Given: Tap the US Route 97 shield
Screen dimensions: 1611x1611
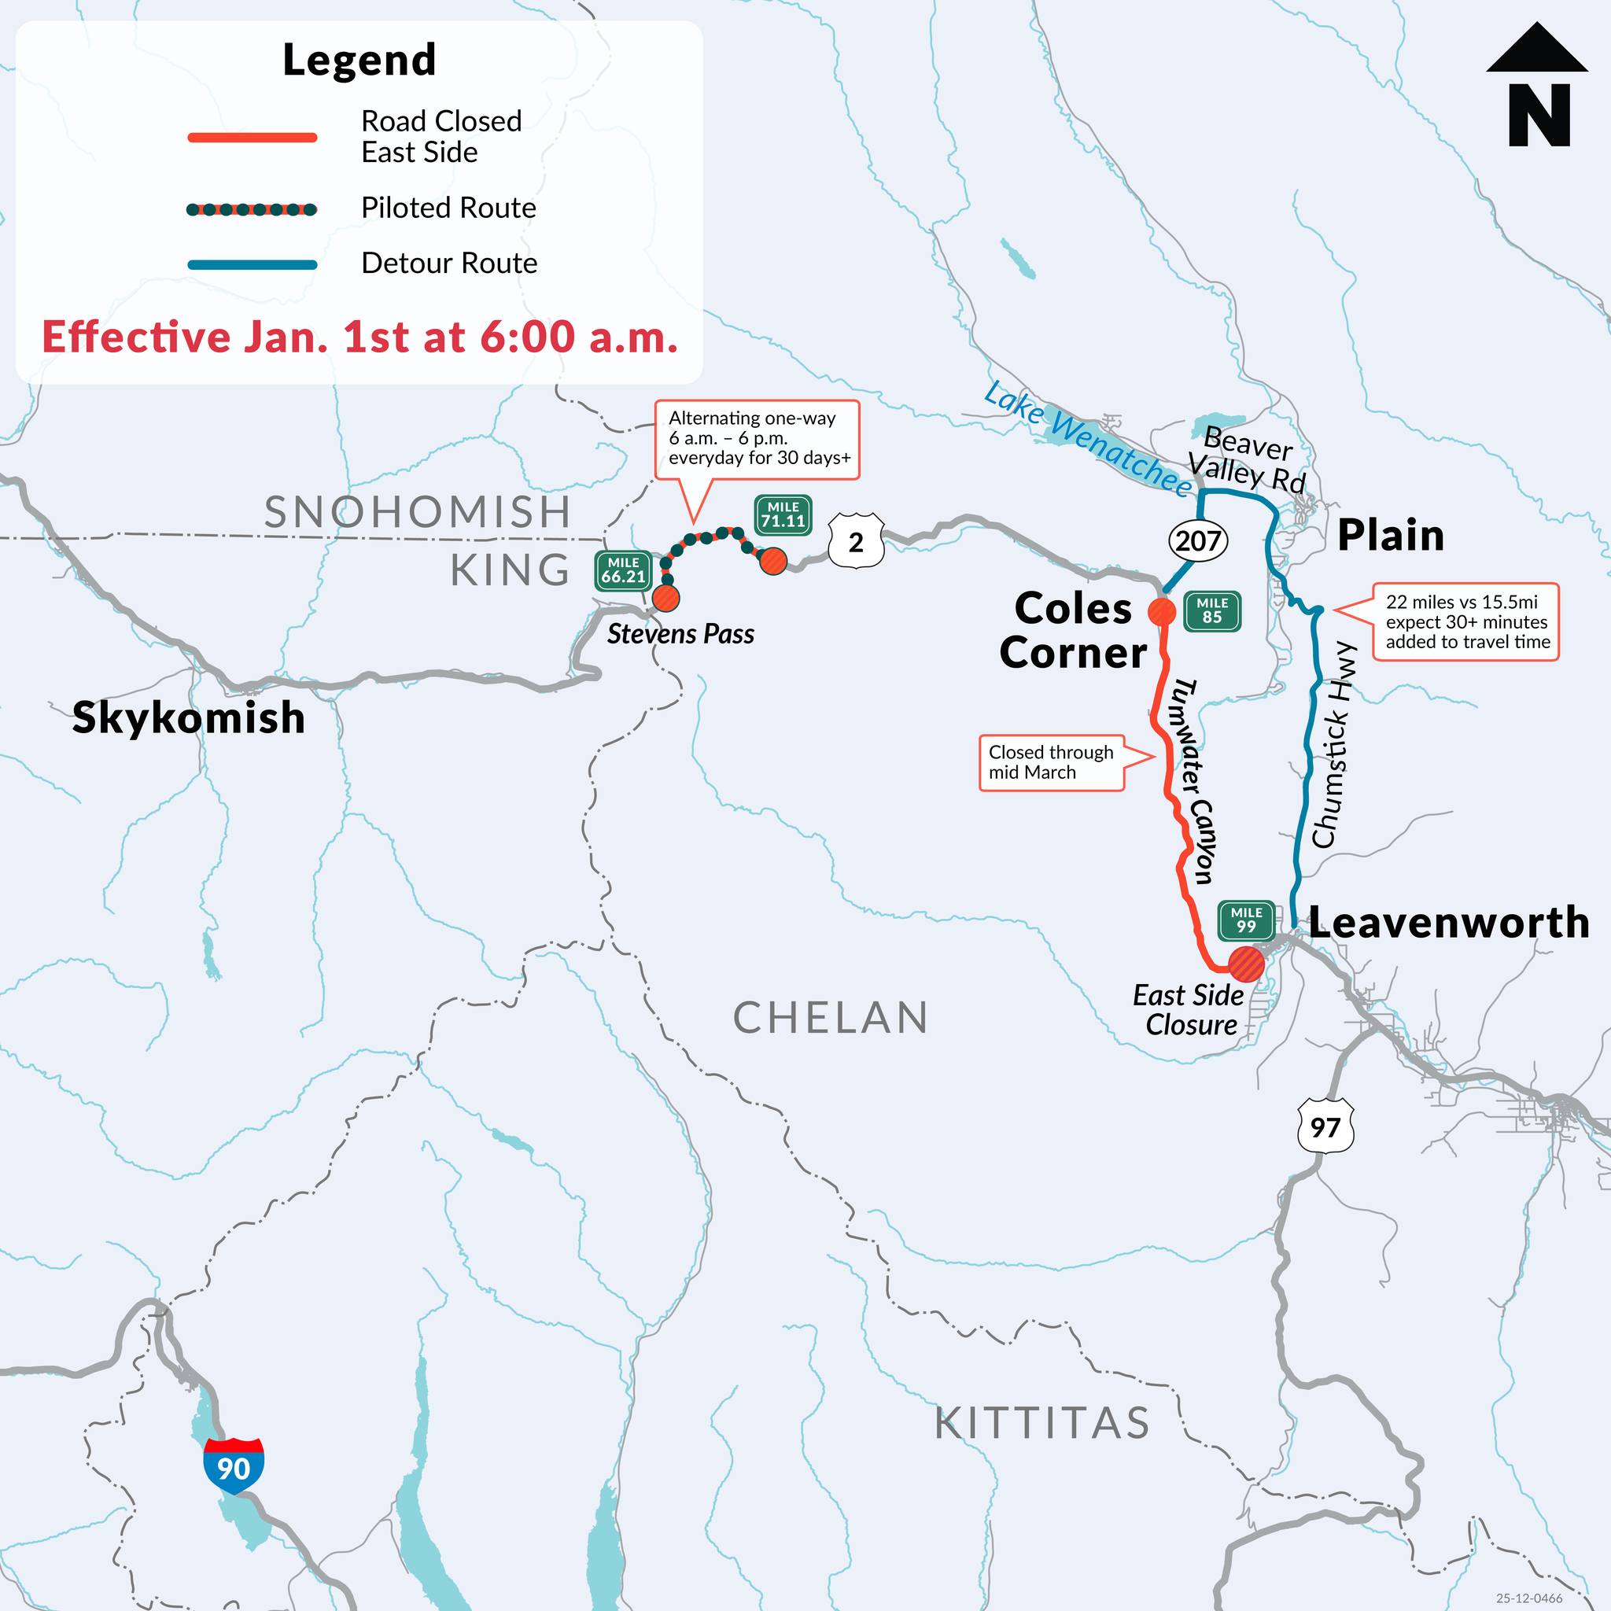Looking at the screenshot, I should click(1325, 1127).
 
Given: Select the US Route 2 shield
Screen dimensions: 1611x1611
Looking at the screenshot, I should click(856, 543).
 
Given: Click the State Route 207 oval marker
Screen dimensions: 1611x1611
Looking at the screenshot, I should click(1198, 541).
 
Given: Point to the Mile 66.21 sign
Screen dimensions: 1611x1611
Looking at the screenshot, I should click(623, 571).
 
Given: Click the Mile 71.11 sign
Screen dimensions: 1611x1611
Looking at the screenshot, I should click(783, 515).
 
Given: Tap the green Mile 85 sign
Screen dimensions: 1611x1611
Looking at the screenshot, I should click(1211, 611).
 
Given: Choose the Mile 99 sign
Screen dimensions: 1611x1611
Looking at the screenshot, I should click(1246, 921).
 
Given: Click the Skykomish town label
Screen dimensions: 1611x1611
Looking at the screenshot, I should click(189, 718).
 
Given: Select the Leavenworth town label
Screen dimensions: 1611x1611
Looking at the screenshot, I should click(1448, 923).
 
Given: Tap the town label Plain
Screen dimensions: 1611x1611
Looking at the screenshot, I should click(1390, 536).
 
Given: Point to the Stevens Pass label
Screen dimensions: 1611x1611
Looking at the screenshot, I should click(680, 635).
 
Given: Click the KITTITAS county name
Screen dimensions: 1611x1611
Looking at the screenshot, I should click(1041, 1423).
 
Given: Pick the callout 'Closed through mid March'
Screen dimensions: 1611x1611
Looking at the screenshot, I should click(1051, 762).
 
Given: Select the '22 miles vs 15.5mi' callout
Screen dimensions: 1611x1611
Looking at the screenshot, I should click(1467, 622).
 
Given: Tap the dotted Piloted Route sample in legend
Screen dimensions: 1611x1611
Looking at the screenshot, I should click(252, 209).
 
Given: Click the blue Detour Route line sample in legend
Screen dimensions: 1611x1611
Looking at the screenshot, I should click(252, 265).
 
